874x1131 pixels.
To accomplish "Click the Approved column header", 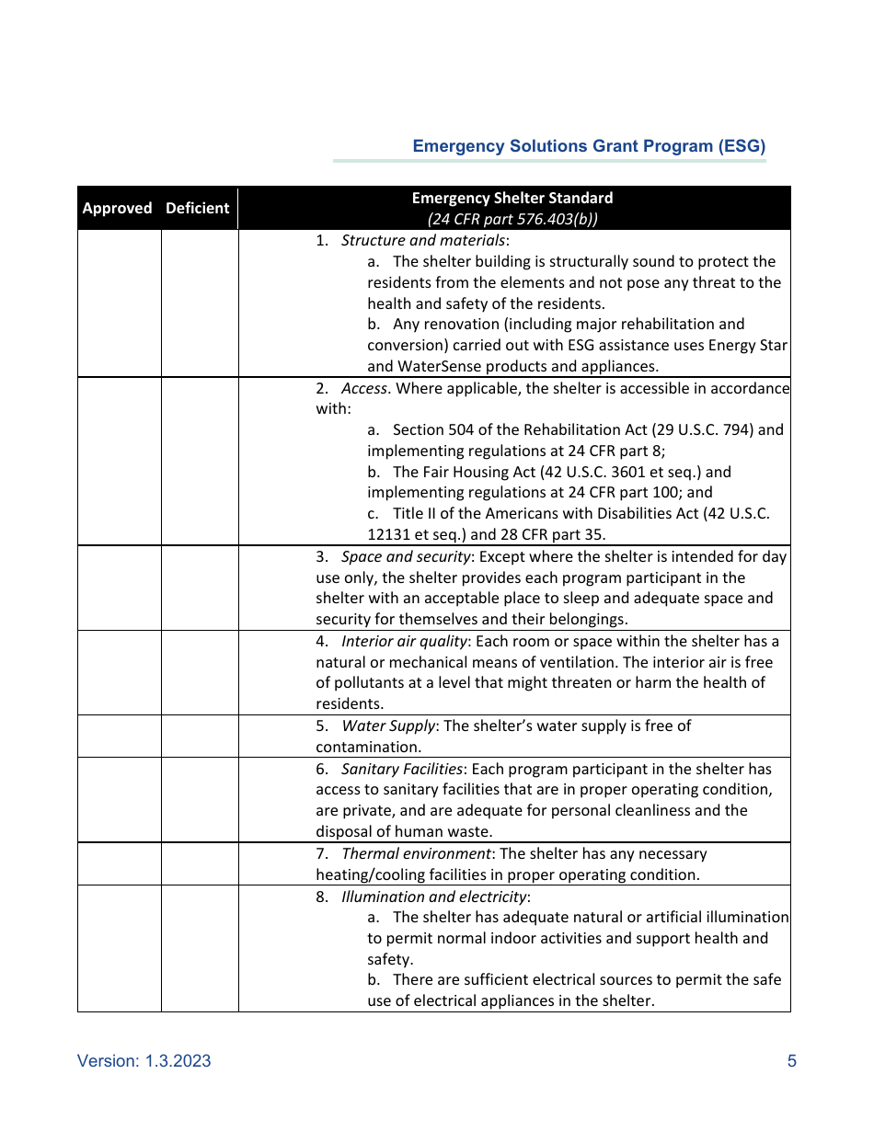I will [117, 208].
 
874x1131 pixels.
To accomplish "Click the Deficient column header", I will [197, 208].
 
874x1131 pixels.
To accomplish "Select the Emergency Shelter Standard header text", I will [512, 198].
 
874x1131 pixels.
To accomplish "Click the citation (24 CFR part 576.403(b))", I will [512, 219].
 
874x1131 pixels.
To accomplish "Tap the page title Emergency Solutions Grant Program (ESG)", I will [589, 146].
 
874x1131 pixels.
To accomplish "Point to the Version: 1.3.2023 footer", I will [144, 1061].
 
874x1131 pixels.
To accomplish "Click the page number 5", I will [791, 1061].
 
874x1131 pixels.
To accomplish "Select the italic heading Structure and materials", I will [422, 240].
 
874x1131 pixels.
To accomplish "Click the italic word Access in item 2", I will [364, 388].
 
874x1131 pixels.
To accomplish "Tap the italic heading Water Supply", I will [387, 725].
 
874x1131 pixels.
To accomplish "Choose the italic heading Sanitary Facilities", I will [401, 769].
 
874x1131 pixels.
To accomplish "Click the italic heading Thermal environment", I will [417, 853].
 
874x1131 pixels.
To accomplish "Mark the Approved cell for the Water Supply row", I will [120, 737].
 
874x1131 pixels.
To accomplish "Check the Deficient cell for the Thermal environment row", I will [200, 864].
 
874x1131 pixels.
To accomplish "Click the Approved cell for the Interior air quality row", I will [120, 673].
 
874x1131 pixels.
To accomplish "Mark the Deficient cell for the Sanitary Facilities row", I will [200, 800].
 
